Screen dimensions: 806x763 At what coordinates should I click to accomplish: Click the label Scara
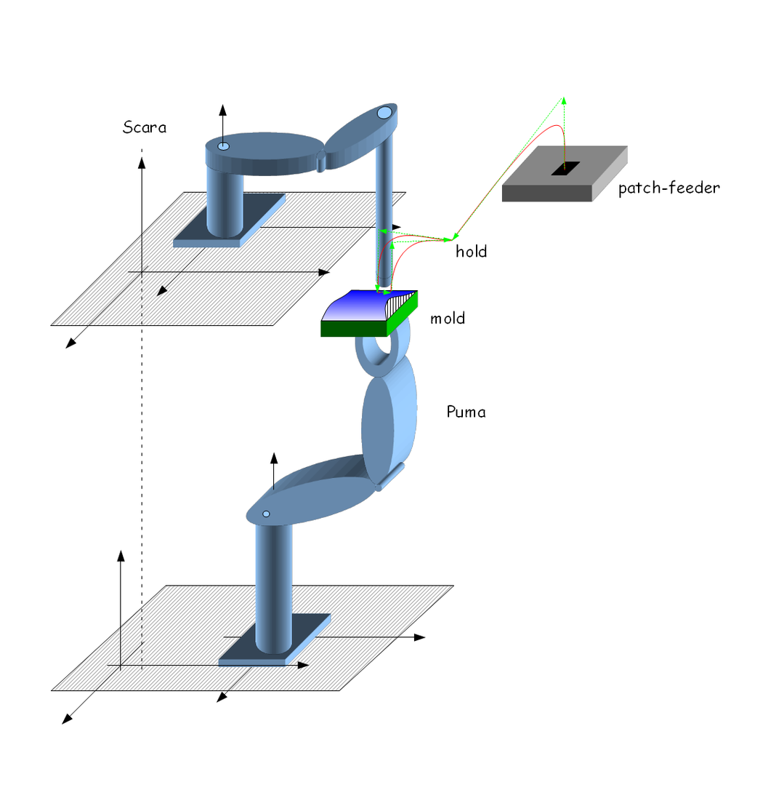pyautogui.click(x=144, y=128)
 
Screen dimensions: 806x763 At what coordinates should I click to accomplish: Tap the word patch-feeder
pyautogui.click(x=669, y=188)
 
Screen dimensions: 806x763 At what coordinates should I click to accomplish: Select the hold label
pyautogui.click(x=471, y=252)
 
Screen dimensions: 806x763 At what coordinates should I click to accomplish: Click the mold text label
pyautogui.click(x=447, y=319)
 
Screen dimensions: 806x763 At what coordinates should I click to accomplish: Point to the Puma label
pyautogui.click(x=466, y=412)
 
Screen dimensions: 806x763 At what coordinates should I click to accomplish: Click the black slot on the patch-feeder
pyautogui.click(x=565, y=168)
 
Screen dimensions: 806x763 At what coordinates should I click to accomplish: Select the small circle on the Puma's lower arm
pyautogui.click(x=266, y=514)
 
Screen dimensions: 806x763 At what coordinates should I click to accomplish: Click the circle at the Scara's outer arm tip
pyautogui.click(x=384, y=113)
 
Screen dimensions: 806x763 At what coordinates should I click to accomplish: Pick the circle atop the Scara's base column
pyautogui.click(x=223, y=147)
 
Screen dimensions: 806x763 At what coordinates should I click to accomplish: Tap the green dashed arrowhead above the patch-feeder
pyautogui.click(x=563, y=100)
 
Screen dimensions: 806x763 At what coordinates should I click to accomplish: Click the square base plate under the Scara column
pyautogui.click(x=218, y=233)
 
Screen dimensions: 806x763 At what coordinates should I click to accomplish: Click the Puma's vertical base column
pyautogui.click(x=273, y=582)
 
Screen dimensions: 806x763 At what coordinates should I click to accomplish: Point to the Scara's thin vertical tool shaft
pyautogui.click(x=385, y=211)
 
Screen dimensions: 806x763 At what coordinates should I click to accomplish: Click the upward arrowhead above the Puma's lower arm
pyautogui.click(x=274, y=458)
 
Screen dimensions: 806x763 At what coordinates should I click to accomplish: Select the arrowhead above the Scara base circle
pyautogui.click(x=223, y=111)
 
